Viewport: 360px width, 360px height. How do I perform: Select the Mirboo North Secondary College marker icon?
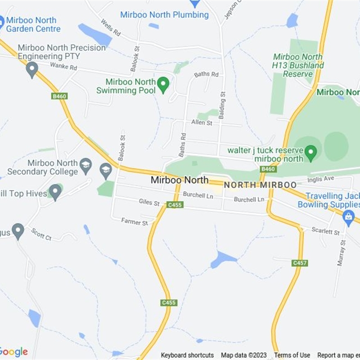pyautogui.click(x=85, y=165)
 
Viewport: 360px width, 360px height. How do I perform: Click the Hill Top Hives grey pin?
pyautogui.click(x=55, y=191)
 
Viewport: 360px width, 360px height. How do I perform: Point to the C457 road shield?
pyautogui.click(x=299, y=263)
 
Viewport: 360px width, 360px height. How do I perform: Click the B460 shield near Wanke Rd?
pyautogui.click(x=59, y=96)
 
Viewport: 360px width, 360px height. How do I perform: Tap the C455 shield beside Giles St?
pyautogui.click(x=175, y=205)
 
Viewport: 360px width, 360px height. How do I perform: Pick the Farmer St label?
pyautogui.click(x=134, y=222)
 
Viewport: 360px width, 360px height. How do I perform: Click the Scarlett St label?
pyautogui.click(x=325, y=231)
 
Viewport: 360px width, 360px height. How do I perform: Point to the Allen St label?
pyautogui.click(x=201, y=122)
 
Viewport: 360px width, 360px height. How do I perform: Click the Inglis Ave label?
pyautogui.click(x=321, y=179)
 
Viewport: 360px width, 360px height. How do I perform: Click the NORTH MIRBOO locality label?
pyautogui.click(x=260, y=185)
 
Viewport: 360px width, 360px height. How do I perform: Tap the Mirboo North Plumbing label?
pyautogui.click(x=164, y=15)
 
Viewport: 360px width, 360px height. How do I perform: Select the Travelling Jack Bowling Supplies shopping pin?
pyautogui.click(x=348, y=217)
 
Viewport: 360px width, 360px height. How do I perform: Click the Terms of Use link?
pyautogui.click(x=292, y=355)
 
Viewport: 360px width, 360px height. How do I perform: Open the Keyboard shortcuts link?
pyautogui.click(x=187, y=355)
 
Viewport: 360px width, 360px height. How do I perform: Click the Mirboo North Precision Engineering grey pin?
pyautogui.click(x=31, y=69)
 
